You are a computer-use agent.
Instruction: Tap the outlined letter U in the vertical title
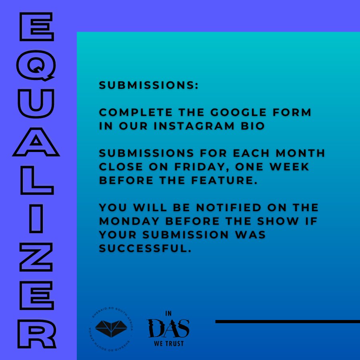click(36, 104)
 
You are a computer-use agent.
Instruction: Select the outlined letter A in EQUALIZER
click(36, 142)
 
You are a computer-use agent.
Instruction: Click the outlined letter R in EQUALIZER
click(36, 334)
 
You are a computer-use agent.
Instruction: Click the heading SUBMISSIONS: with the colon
click(149, 86)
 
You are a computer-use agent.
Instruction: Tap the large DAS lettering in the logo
click(168, 328)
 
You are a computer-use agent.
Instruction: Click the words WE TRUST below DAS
click(169, 344)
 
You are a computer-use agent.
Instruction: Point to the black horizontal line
click(287, 321)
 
